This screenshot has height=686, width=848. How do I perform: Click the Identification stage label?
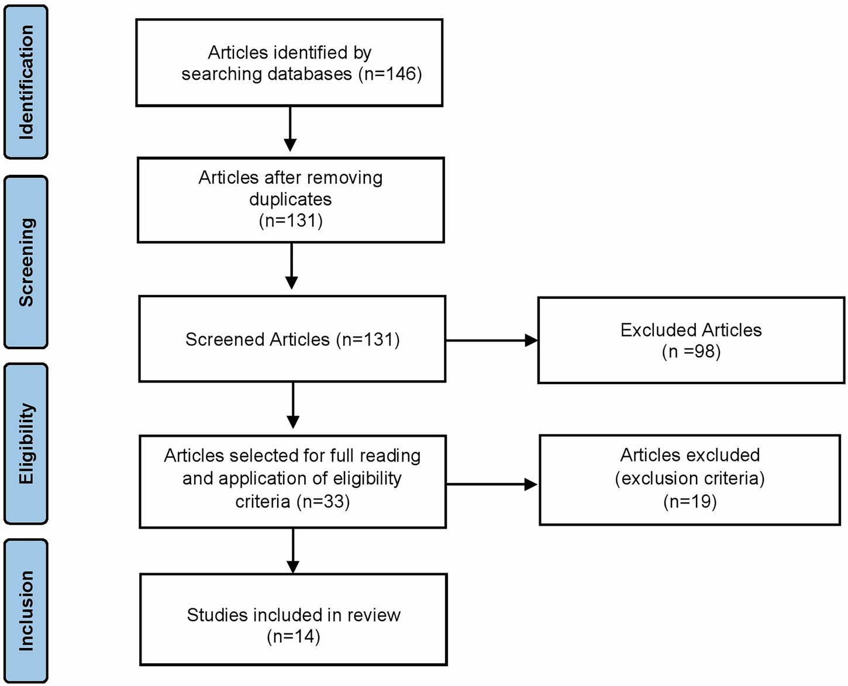26,82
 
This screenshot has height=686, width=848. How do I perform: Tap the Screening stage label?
26,262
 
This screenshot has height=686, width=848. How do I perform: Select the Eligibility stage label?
26,443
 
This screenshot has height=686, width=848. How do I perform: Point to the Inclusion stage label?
26,611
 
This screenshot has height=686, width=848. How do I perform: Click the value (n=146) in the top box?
389,74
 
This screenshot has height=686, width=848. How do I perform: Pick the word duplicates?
290,199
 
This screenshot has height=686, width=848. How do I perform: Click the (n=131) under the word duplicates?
291,221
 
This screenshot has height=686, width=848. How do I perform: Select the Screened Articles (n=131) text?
292,340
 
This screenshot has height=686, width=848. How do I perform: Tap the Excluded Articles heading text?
691,330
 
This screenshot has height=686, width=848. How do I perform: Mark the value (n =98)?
691,351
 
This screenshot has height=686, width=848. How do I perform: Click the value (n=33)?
323,502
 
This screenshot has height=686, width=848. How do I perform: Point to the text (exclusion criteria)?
690,478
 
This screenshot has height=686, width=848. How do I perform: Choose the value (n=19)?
690,502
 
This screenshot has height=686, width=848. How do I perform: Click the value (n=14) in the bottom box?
293,636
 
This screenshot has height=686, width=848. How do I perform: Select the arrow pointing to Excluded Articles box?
491,340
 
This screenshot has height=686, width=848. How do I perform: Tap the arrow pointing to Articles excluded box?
491,484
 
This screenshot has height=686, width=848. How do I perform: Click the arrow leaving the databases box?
290,129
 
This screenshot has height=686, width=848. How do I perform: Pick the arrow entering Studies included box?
293,551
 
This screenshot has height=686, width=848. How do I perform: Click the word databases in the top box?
309,74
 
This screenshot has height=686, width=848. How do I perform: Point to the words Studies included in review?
294,615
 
